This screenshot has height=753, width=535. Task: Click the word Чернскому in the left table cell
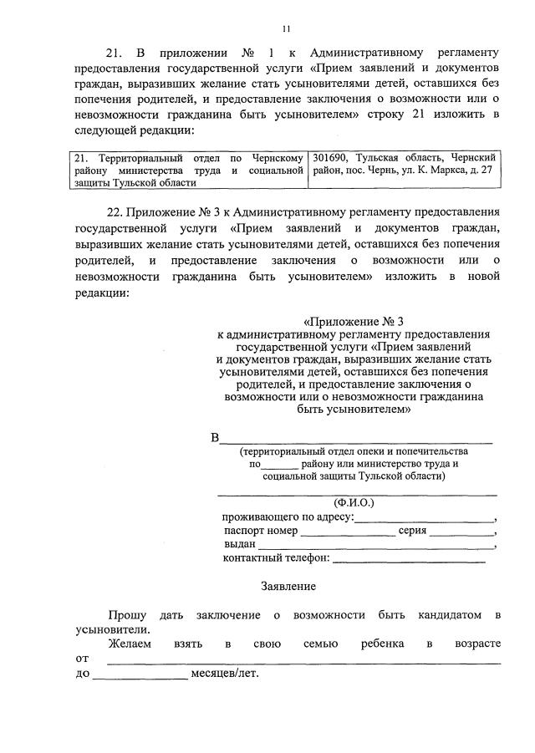coord(277,157)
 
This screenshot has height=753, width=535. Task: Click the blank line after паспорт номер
coord(348,531)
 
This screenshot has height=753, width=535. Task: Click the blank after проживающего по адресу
coord(425,516)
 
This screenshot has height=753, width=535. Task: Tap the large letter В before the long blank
coord(215,438)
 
